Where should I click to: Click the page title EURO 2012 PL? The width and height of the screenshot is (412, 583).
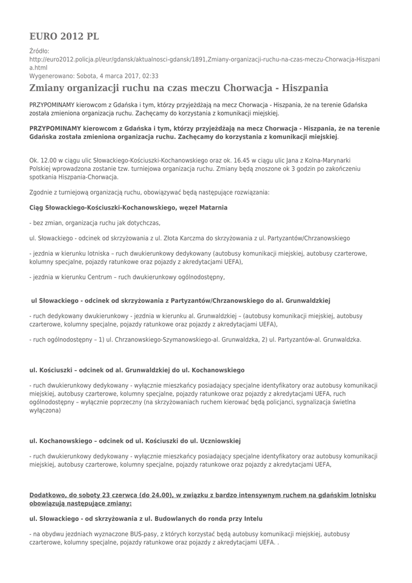64,36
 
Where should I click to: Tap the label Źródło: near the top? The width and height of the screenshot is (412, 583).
39,51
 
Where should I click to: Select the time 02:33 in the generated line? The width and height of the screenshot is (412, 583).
151,76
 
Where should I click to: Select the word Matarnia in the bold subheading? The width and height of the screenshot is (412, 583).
209,208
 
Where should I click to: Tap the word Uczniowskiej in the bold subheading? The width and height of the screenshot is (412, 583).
219,440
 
